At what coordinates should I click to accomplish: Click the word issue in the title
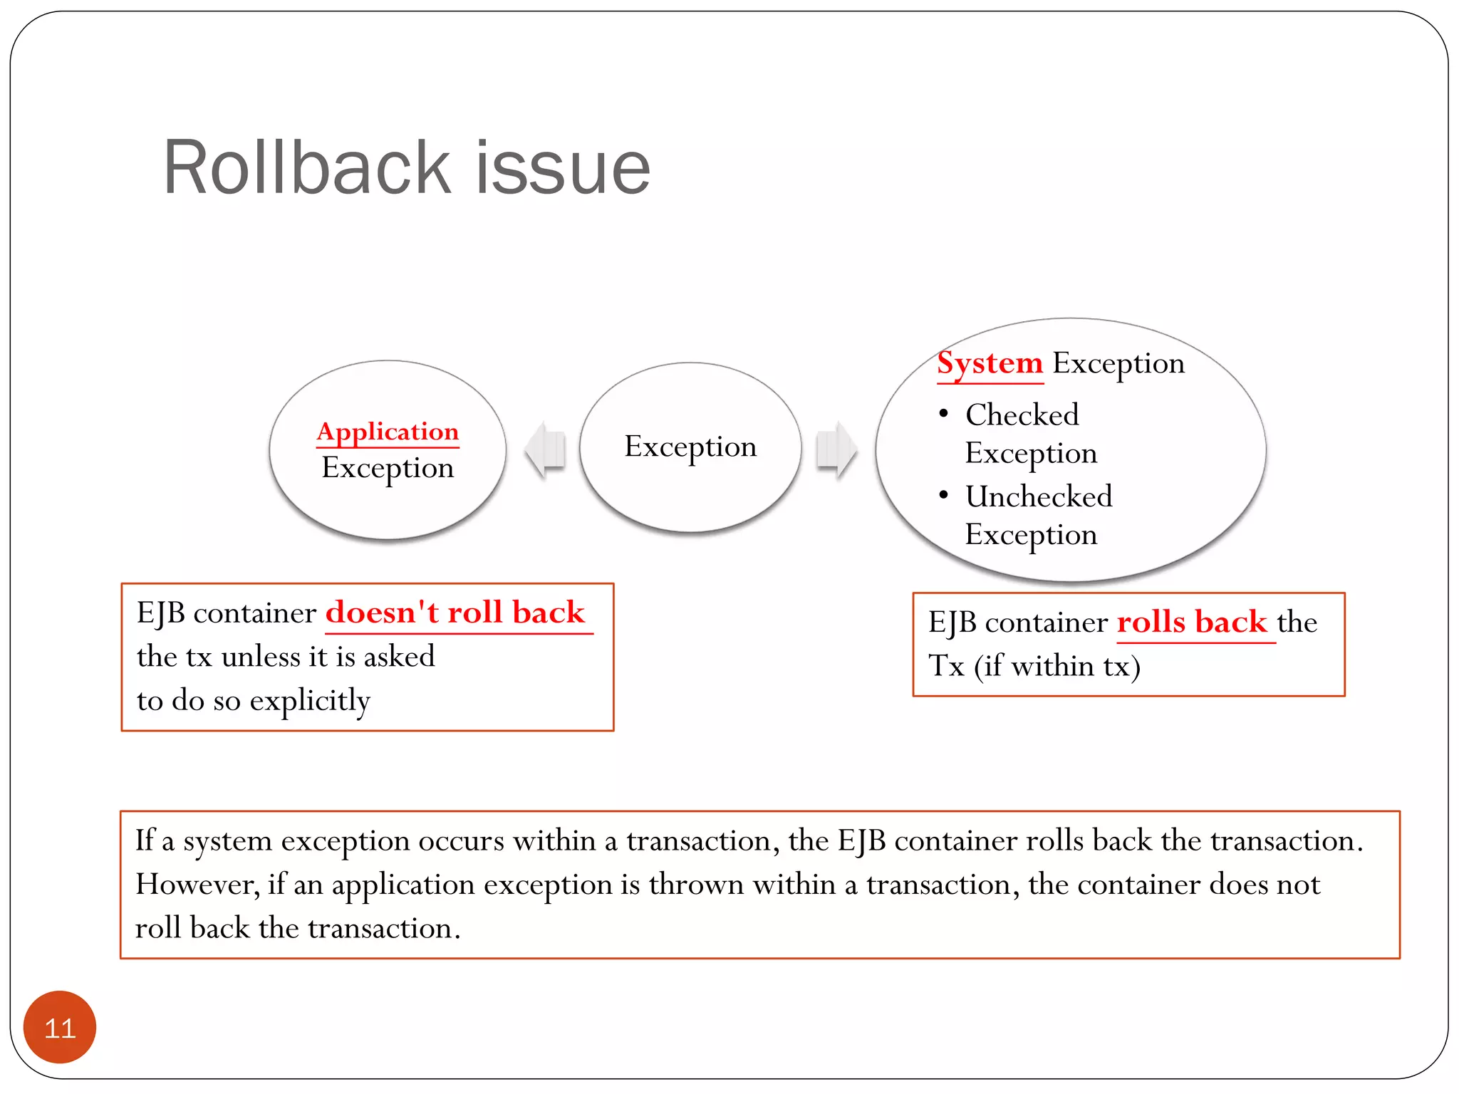563,168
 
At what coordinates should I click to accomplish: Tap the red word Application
388,432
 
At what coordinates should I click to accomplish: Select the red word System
990,363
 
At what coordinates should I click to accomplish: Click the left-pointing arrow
545,449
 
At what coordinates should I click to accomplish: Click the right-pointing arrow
836,449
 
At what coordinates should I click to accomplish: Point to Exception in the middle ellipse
690,447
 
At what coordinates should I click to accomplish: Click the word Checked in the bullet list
1022,415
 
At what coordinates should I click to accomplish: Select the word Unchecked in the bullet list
1039,496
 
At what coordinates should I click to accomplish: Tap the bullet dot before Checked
943,414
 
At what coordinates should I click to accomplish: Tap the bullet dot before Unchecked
943,495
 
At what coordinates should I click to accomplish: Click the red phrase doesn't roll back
455,613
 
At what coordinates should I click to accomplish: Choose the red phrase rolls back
1192,622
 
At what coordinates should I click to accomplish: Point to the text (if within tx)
1057,667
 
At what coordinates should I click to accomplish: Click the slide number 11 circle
60,1027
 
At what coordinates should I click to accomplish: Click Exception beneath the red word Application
388,468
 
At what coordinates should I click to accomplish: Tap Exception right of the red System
1118,363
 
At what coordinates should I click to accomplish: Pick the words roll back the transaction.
298,929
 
